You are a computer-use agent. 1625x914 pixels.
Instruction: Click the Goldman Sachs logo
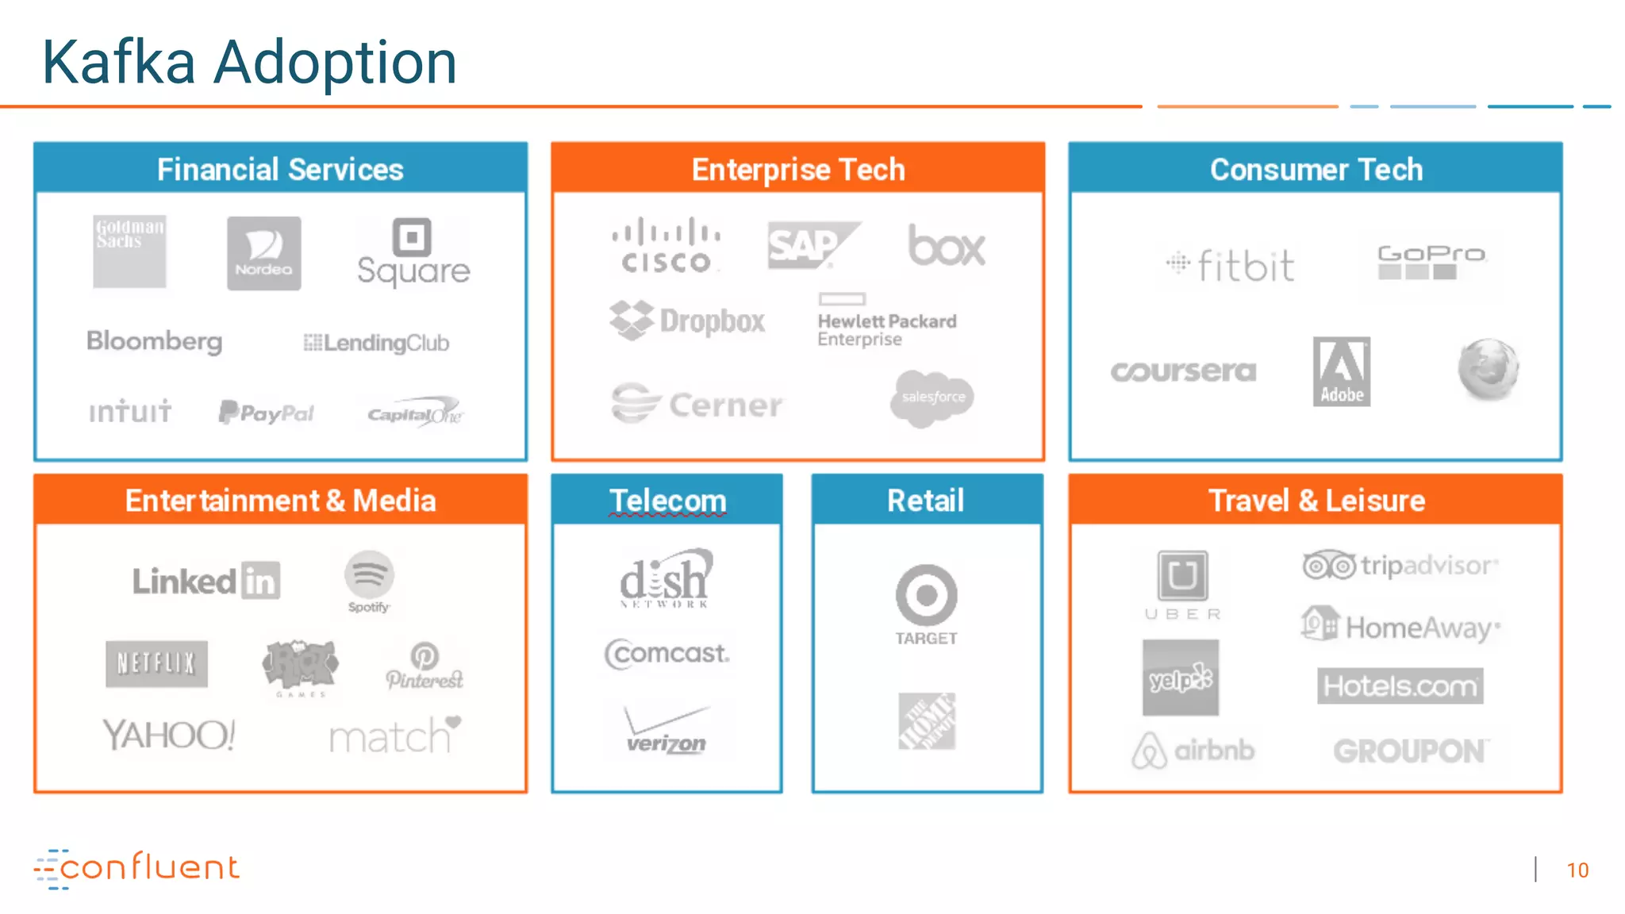(129, 251)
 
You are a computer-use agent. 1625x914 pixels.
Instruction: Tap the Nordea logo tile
(263, 253)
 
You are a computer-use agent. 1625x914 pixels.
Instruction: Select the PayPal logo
(267, 413)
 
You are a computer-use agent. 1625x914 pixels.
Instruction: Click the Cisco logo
(666, 245)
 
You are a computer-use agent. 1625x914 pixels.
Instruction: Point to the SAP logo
(812, 245)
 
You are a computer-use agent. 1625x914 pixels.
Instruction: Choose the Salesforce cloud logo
(932, 397)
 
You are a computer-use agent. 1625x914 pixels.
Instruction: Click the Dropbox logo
(687, 321)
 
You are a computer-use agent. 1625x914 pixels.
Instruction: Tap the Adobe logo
(1341, 371)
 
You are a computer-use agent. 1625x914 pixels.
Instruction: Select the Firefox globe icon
(1488, 369)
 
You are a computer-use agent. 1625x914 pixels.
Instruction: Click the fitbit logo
(1231, 265)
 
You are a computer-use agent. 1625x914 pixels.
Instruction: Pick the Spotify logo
(369, 581)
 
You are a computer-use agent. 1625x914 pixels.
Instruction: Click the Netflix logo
(156, 663)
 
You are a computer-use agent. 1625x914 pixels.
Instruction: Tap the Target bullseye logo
(926, 596)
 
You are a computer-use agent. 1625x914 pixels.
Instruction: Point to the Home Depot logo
(926, 721)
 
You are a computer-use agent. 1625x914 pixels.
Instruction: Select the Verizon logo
(667, 731)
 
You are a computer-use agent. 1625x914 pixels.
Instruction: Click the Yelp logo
(1181, 678)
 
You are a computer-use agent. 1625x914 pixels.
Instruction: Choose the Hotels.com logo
(1400, 685)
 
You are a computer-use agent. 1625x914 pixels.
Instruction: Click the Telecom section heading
(667, 501)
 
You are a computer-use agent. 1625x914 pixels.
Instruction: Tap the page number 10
(1577, 870)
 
